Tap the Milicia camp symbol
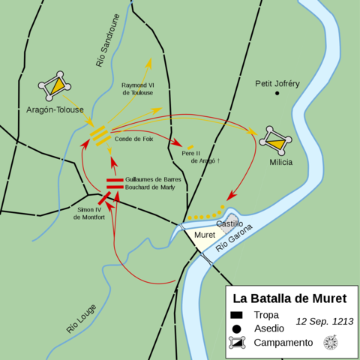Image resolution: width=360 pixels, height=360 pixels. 274,139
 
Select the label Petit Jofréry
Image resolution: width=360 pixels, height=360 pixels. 277,83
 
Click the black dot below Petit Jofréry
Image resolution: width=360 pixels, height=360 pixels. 277,94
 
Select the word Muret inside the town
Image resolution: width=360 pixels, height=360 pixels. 205,235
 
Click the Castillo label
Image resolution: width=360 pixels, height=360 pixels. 229,223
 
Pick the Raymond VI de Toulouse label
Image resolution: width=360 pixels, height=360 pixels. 137,88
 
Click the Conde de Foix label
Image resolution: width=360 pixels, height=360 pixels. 133,138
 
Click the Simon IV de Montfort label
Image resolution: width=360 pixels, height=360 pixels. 89,214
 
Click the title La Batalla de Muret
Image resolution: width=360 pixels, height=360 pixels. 288,297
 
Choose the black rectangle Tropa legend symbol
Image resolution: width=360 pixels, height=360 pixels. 236,315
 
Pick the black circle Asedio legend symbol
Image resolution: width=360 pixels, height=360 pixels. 236,328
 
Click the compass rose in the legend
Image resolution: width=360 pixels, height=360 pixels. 330,342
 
